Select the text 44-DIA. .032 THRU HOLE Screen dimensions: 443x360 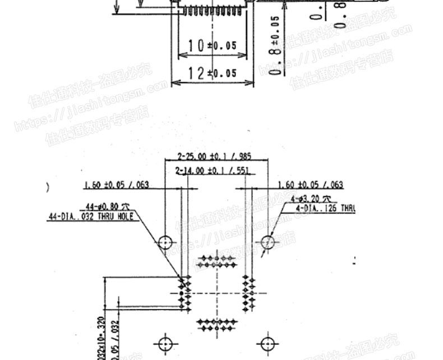point(90,216)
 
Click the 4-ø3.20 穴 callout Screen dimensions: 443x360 point(311,199)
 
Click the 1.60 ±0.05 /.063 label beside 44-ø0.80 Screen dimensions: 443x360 point(117,184)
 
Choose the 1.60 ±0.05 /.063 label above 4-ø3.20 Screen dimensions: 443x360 point(311,184)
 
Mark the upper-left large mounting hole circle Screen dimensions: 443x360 point(165,243)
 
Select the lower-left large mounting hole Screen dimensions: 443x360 point(165,343)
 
